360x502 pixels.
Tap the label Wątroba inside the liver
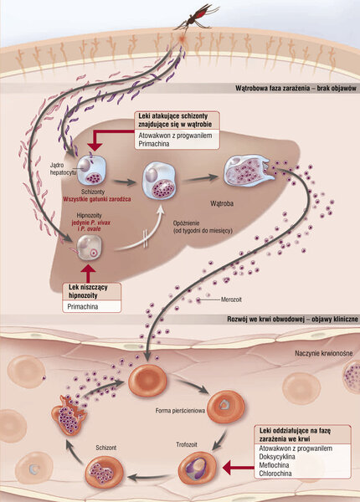tap(222, 203)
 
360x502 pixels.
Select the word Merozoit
tap(231, 300)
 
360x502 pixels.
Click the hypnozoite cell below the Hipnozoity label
tap(90, 248)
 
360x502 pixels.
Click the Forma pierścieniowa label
tap(180, 411)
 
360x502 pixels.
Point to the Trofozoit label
tap(187, 445)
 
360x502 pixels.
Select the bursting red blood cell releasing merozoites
tap(69, 415)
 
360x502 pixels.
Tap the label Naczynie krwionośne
tap(324, 353)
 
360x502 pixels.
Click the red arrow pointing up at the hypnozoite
tap(88, 274)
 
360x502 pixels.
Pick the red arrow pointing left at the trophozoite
tap(239, 468)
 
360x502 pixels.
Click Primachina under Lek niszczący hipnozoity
tap(83, 307)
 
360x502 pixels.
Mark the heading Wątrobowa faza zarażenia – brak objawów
tap(296, 89)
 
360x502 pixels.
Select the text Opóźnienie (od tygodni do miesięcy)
tap(203, 227)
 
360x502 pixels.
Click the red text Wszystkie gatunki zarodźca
tap(97, 199)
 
